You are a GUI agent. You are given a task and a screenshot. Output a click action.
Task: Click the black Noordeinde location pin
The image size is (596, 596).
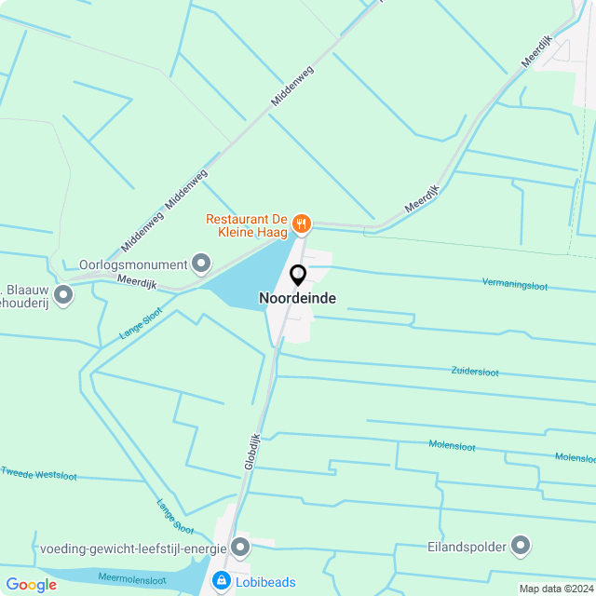pyautogui.click(x=298, y=276)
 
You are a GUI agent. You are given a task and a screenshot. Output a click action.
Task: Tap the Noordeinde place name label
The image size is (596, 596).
pyautogui.click(x=298, y=299)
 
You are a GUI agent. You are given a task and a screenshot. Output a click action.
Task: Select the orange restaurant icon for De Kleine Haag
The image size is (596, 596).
pyautogui.click(x=301, y=223)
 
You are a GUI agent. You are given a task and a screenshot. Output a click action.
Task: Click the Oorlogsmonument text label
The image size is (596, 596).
pyautogui.click(x=133, y=263)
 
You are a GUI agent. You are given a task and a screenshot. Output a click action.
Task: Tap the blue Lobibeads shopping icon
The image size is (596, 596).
pyautogui.click(x=222, y=582)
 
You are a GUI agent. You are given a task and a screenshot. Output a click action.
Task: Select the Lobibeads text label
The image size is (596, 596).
pyautogui.click(x=265, y=583)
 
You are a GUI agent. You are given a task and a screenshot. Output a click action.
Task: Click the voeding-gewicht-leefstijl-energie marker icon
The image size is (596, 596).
pyautogui.click(x=240, y=547)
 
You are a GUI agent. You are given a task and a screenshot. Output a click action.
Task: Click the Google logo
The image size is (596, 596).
pyautogui.click(x=31, y=585)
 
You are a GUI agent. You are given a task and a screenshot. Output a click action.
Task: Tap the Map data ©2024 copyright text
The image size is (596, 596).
pyautogui.click(x=556, y=589)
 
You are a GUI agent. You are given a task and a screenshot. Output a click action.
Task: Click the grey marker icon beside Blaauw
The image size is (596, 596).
pyautogui.click(x=63, y=295)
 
